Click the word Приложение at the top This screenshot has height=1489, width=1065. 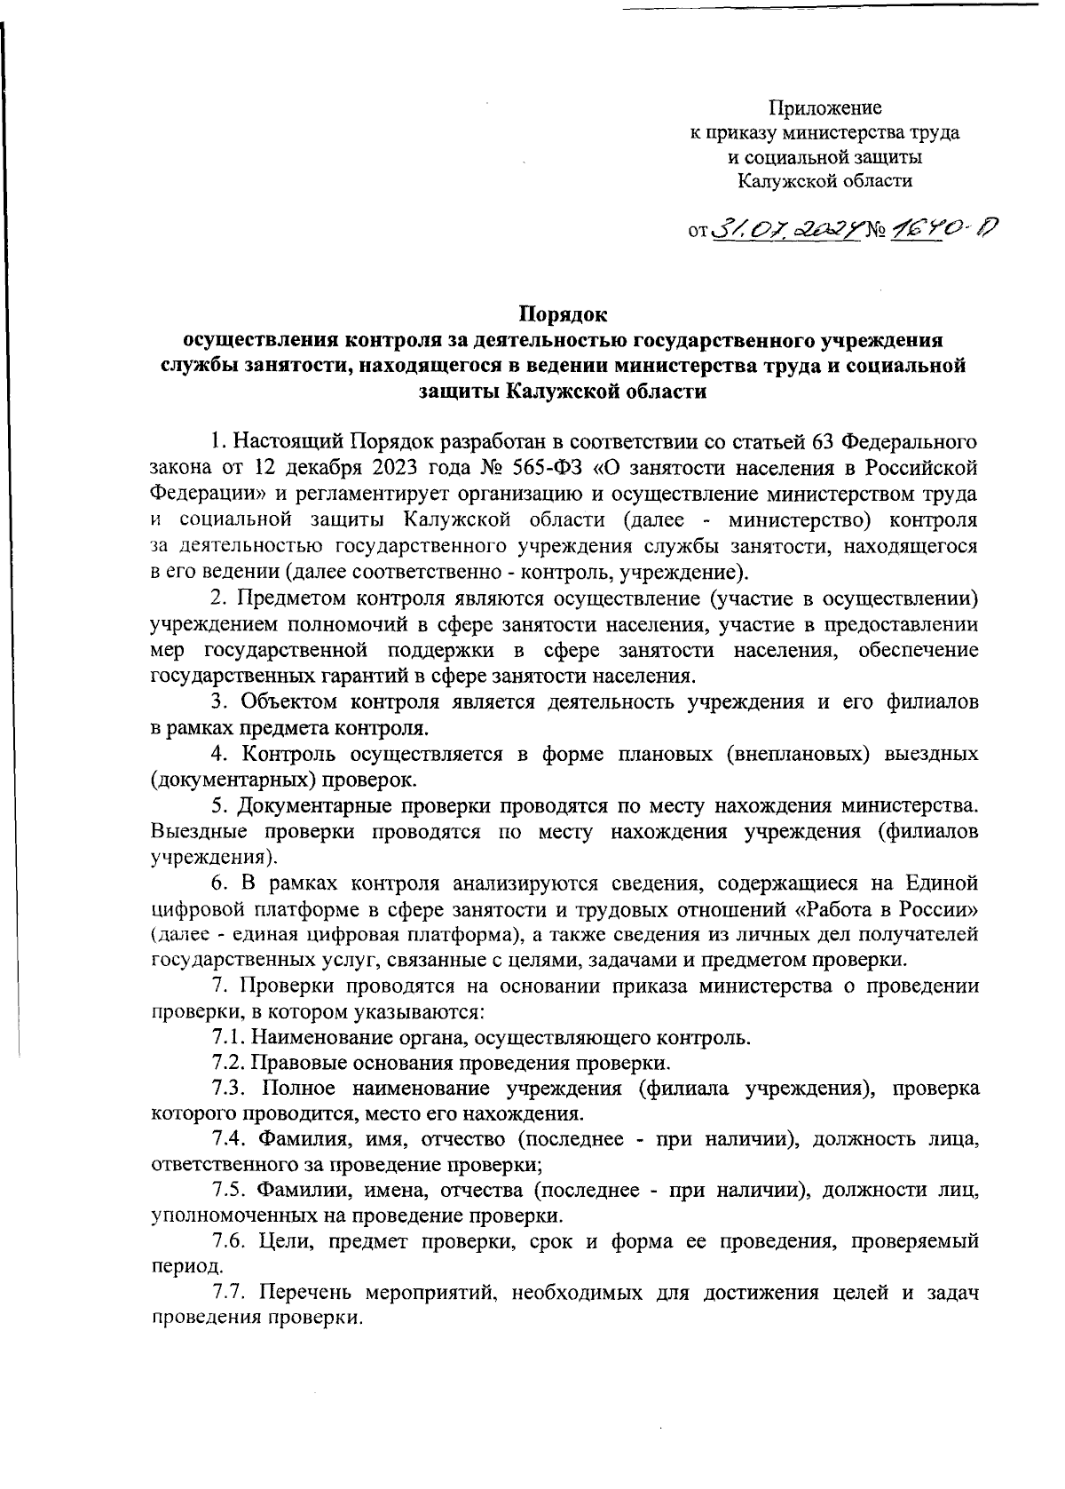[824, 109]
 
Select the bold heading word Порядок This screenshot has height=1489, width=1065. [563, 313]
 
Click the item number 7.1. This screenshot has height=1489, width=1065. [228, 1037]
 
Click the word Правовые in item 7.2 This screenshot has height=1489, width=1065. [289, 1062]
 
